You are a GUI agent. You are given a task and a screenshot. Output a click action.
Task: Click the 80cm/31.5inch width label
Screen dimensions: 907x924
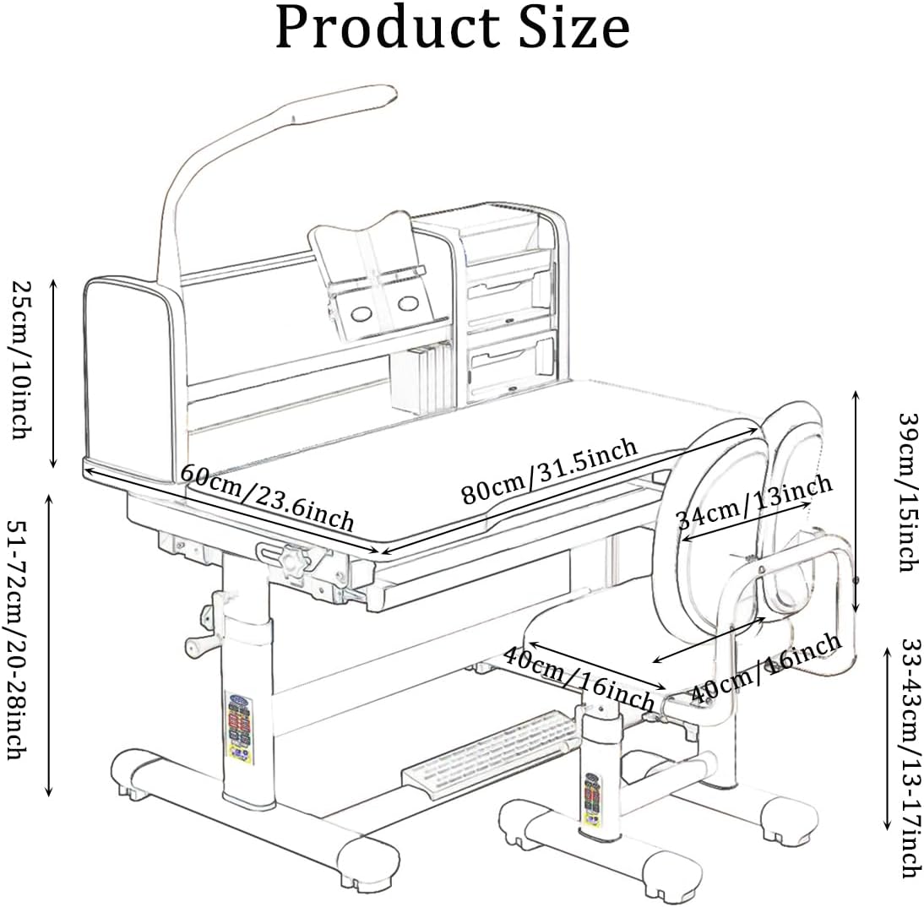548,470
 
